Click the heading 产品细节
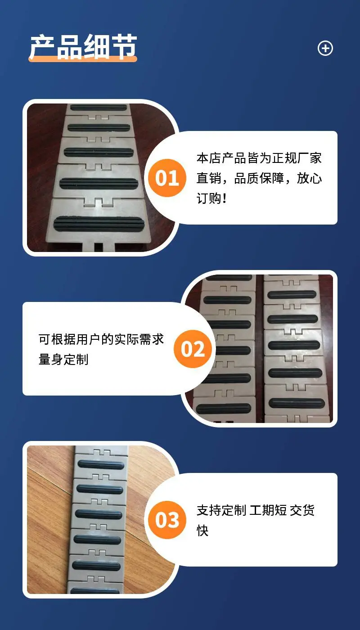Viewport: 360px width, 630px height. click(x=83, y=47)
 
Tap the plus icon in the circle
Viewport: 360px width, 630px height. click(x=325, y=48)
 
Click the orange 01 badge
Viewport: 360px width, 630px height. click(x=167, y=178)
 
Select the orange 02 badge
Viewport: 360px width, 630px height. click(x=193, y=349)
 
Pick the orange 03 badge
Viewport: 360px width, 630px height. click(x=167, y=520)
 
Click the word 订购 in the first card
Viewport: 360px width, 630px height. click(x=209, y=198)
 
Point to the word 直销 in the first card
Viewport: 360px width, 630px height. click(x=209, y=178)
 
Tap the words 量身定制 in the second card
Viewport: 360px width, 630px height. click(x=63, y=360)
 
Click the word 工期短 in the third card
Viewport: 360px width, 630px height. click(x=268, y=510)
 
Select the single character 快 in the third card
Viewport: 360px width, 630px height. click(x=202, y=531)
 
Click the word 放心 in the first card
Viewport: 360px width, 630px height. click(x=310, y=178)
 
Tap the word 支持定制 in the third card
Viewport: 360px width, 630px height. click(x=221, y=510)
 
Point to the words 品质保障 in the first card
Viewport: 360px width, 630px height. click(x=259, y=178)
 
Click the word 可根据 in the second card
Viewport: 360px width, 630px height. click(x=58, y=339)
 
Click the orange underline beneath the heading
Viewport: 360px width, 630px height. click(x=83, y=59)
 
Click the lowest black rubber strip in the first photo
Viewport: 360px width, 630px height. click(x=99, y=224)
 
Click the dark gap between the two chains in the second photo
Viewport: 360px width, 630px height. click(x=260, y=349)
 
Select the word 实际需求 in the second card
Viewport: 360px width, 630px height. click(x=139, y=339)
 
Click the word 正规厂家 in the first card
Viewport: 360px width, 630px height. click(x=297, y=158)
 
